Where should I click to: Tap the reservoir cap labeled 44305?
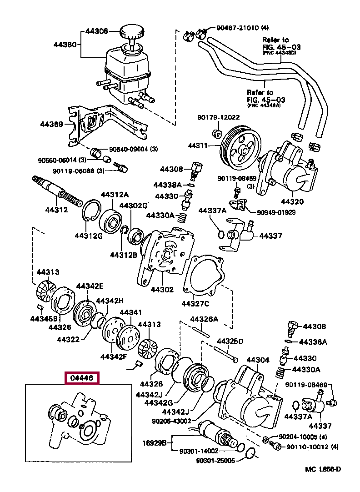click(x=132, y=33)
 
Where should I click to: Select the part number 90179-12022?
click(x=218, y=117)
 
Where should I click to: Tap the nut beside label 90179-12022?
click(x=217, y=134)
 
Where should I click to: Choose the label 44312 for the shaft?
click(x=56, y=210)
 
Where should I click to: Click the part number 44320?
click(x=292, y=201)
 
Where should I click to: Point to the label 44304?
click(x=258, y=360)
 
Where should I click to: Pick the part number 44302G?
click(x=133, y=206)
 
